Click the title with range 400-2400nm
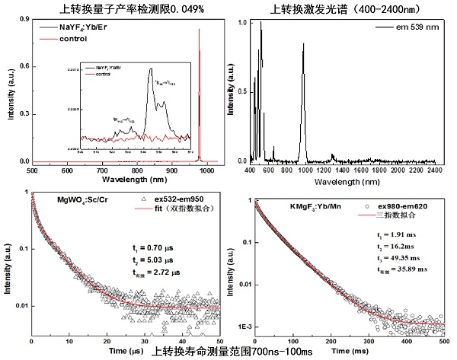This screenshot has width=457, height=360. click(x=343, y=8)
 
